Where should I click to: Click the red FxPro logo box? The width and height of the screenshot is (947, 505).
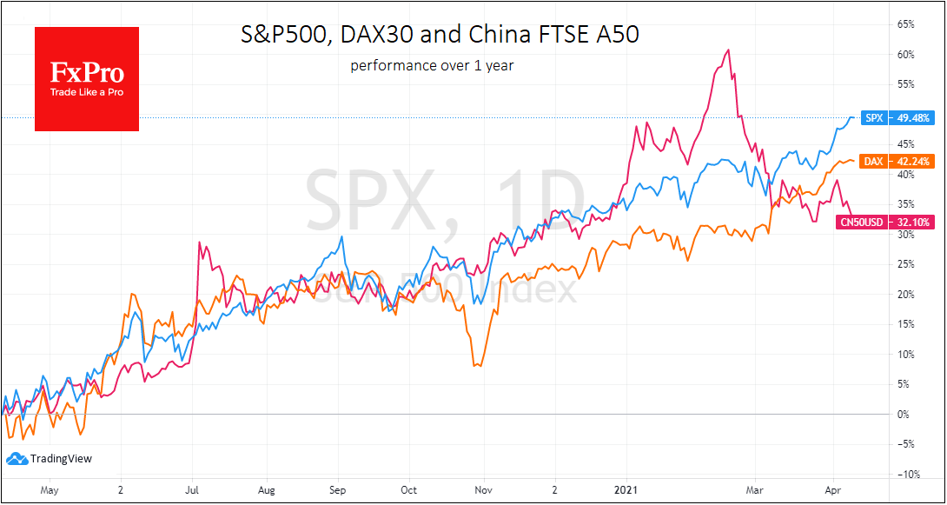(x=87, y=79)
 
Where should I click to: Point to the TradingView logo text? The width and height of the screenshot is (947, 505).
(x=60, y=459)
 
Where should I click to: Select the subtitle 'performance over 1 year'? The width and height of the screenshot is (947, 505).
(x=432, y=65)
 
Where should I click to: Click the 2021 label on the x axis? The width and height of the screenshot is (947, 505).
(x=626, y=490)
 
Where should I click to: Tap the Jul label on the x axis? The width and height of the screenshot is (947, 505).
(x=193, y=490)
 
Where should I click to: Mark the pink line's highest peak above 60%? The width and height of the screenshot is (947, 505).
(x=728, y=50)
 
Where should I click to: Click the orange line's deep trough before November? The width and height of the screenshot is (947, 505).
(x=475, y=365)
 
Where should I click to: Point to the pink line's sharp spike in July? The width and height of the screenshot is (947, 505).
(x=200, y=243)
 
